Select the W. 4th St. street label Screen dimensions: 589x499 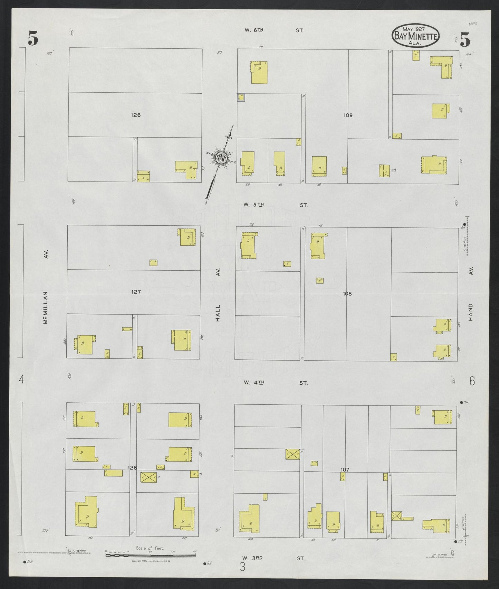pyautogui.click(x=275, y=383)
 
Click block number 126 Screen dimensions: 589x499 pyautogui.click(x=136, y=115)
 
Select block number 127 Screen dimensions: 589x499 pyautogui.click(x=136, y=292)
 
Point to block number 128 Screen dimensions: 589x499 pyautogui.click(x=132, y=468)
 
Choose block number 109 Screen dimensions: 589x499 pyautogui.click(x=348, y=115)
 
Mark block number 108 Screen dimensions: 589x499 pyautogui.click(x=347, y=294)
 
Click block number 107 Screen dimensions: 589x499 pyautogui.click(x=345, y=470)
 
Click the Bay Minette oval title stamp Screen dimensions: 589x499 pyautogui.click(x=415, y=35)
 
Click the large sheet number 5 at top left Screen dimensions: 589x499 pyautogui.click(x=33, y=39)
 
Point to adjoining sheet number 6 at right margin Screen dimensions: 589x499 pyautogui.click(x=472, y=381)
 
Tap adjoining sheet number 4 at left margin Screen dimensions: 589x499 pyautogui.click(x=22, y=380)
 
